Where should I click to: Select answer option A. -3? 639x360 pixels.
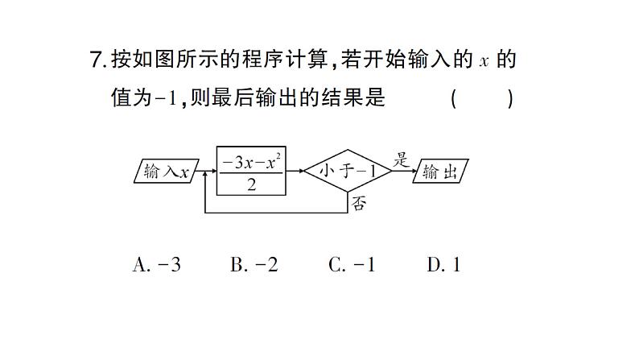click(x=156, y=265)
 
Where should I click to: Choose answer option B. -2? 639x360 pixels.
click(x=254, y=265)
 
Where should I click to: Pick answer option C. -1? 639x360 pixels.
click(x=352, y=265)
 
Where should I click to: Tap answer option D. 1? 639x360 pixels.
click(x=443, y=265)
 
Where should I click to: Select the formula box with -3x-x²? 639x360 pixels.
click(x=251, y=172)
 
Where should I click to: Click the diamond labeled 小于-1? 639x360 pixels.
click(x=347, y=171)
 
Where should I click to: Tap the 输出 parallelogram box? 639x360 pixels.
click(x=440, y=172)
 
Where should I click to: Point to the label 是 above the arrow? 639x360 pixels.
click(x=401, y=159)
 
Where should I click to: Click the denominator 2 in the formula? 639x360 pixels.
click(x=251, y=184)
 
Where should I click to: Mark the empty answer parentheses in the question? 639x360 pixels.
click(x=481, y=98)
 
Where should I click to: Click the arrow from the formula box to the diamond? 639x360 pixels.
click(x=295, y=172)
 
